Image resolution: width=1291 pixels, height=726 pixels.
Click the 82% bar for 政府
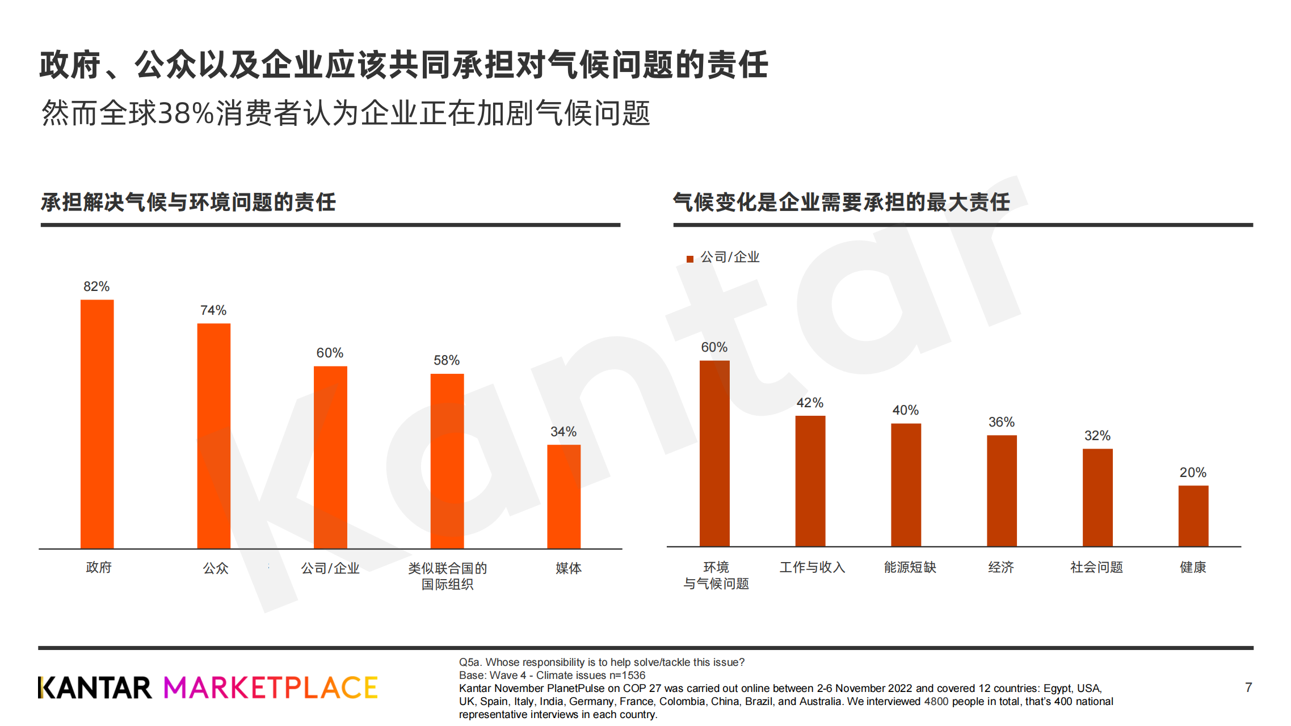[97, 424]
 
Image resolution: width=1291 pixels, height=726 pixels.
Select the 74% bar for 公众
[214, 436]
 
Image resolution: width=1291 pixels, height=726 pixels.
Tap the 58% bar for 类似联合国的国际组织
[447, 461]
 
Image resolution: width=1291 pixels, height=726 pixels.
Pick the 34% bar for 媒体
[564, 496]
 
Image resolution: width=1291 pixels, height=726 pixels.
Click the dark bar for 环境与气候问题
[714, 453]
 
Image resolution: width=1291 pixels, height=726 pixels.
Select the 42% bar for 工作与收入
[810, 481]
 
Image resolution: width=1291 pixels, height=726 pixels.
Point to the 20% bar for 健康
[1193, 516]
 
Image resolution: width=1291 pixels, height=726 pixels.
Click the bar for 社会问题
[1097, 497]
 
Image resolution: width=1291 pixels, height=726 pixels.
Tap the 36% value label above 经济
[1001, 422]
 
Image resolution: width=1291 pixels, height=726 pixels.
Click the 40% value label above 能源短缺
[905, 410]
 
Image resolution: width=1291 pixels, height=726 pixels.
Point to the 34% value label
[563, 432]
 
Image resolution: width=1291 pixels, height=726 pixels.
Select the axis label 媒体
[568, 568]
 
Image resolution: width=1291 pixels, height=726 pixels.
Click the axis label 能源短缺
[910, 567]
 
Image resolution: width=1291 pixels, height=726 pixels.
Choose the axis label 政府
[99, 567]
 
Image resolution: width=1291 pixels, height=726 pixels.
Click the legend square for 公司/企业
[690, 259]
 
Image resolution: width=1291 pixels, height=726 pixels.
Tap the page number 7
[1248, 687]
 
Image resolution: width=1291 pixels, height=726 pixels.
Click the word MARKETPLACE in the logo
[271, 687]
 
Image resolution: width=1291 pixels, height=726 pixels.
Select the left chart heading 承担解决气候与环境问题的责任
[188, 202]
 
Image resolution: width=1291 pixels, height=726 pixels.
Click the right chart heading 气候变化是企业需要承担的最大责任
[841, 202]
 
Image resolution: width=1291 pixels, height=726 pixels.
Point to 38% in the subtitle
[186, 113]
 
